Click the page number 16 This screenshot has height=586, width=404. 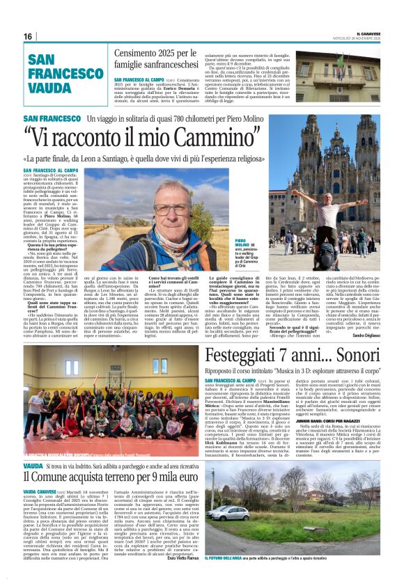pos(28,36)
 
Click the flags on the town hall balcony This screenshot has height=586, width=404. pos(340,61)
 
